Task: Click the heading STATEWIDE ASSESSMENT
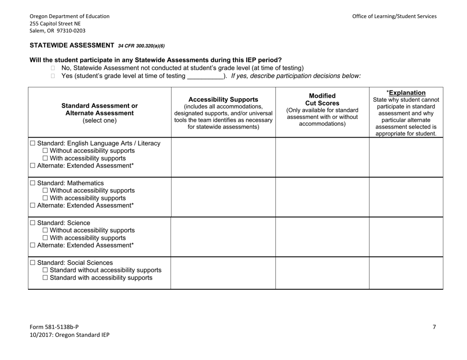[x=72, y=45]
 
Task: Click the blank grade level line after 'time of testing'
[x=205, y=77]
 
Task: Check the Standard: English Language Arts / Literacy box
[x=32, y=143]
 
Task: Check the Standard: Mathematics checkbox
[x=32, y=183]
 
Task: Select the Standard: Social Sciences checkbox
[x=32, y=263]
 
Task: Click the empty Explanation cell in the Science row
[x=406, y=236]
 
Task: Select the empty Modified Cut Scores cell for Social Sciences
[x=322, y=272]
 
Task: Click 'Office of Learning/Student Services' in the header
[x=394, y=16]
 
